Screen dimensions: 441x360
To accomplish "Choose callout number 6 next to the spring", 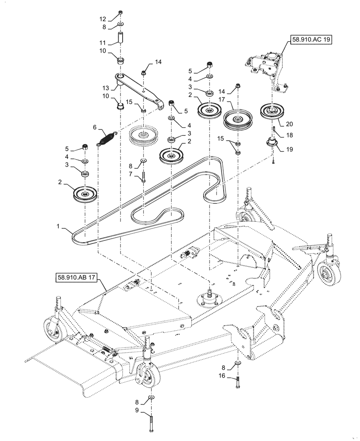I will pos(94,127).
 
